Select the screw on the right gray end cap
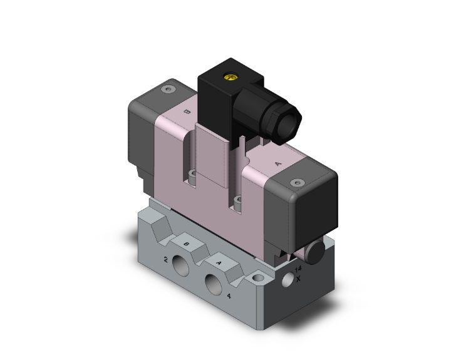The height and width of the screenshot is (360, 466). click(297, 183)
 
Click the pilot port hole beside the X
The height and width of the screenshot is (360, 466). click(287, 280)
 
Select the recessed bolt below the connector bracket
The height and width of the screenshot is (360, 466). click(238, 201)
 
